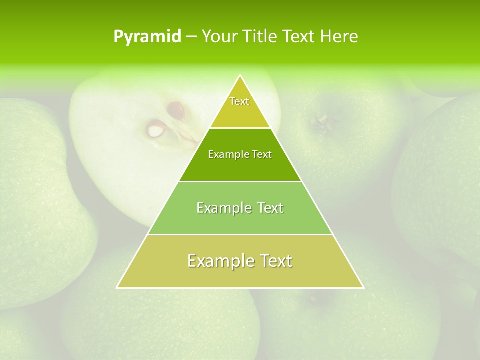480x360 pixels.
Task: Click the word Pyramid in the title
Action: [147, 36]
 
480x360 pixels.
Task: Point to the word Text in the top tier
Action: [239, 101]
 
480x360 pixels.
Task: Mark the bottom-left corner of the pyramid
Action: [117, 287]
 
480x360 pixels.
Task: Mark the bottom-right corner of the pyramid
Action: [363, 287]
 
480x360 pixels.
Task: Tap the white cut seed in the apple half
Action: [155, 130]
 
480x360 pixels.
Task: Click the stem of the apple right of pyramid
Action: [318, 121]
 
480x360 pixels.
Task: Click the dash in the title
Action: [191, 36]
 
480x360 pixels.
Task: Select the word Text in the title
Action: [299, 36]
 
